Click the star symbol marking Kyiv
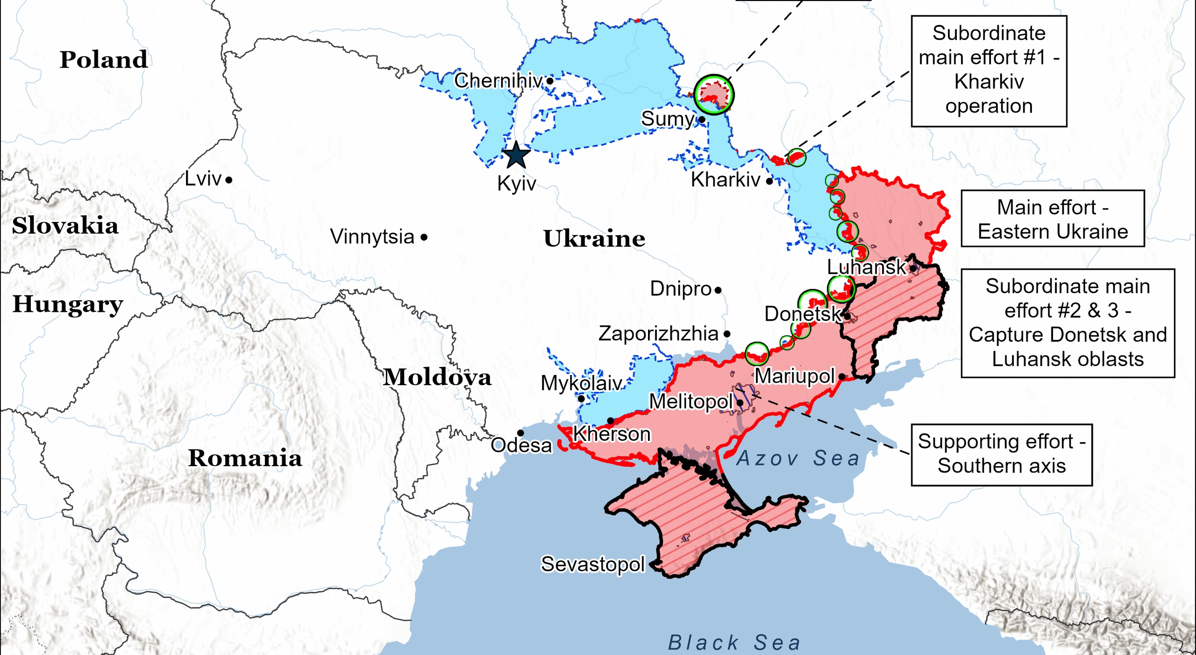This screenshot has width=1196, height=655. click(x=516, y=155)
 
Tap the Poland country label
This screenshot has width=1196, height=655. click(x=104, y=60)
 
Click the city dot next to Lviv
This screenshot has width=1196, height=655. click(x=229, y=180)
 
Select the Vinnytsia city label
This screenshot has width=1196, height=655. click(x=372, y=237)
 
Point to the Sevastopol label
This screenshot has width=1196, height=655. click(x=592, y=564)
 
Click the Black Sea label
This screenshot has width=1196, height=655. click(x=734, y=643)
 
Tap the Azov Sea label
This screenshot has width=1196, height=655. click(x=798, y=458)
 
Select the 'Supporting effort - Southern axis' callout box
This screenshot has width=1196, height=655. click(x=1001, y=454)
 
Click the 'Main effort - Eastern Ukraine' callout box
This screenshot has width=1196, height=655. click(x=1052, y=219)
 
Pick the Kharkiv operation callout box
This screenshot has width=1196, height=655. click(x=989, y=71)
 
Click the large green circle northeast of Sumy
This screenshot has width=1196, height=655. click(x=713, y=95)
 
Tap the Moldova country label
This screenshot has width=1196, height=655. click(x=437, y=377)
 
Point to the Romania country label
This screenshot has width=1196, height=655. click(x=245, y=458)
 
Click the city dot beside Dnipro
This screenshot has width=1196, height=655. click(x=718, y=290)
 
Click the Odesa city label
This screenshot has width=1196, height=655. click(x=521, y=445)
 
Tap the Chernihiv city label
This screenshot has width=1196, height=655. click(x=498, y=81)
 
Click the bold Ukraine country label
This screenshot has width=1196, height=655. click(x=594, y=239)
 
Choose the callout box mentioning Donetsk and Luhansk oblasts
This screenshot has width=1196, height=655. click(x=1067, y=323)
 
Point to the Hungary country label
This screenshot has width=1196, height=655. click(x=68, y=304)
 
